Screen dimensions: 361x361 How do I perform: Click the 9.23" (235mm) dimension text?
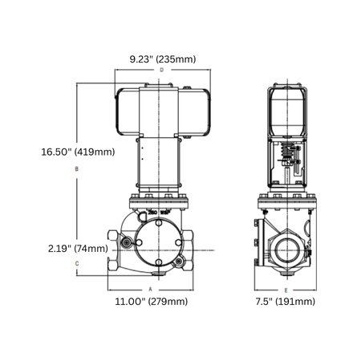pos(163,59)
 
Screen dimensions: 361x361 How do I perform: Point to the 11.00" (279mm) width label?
pos(152,301)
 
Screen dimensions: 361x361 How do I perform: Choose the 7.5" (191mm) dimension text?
pos(286,301)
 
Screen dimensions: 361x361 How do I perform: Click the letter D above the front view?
pos(161,71)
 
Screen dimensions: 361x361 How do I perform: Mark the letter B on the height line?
pos(76,169)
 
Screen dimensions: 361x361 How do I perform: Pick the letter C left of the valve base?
pos(76,263)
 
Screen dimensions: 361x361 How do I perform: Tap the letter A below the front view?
pos(151,287)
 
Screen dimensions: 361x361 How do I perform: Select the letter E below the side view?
pos(286,287)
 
